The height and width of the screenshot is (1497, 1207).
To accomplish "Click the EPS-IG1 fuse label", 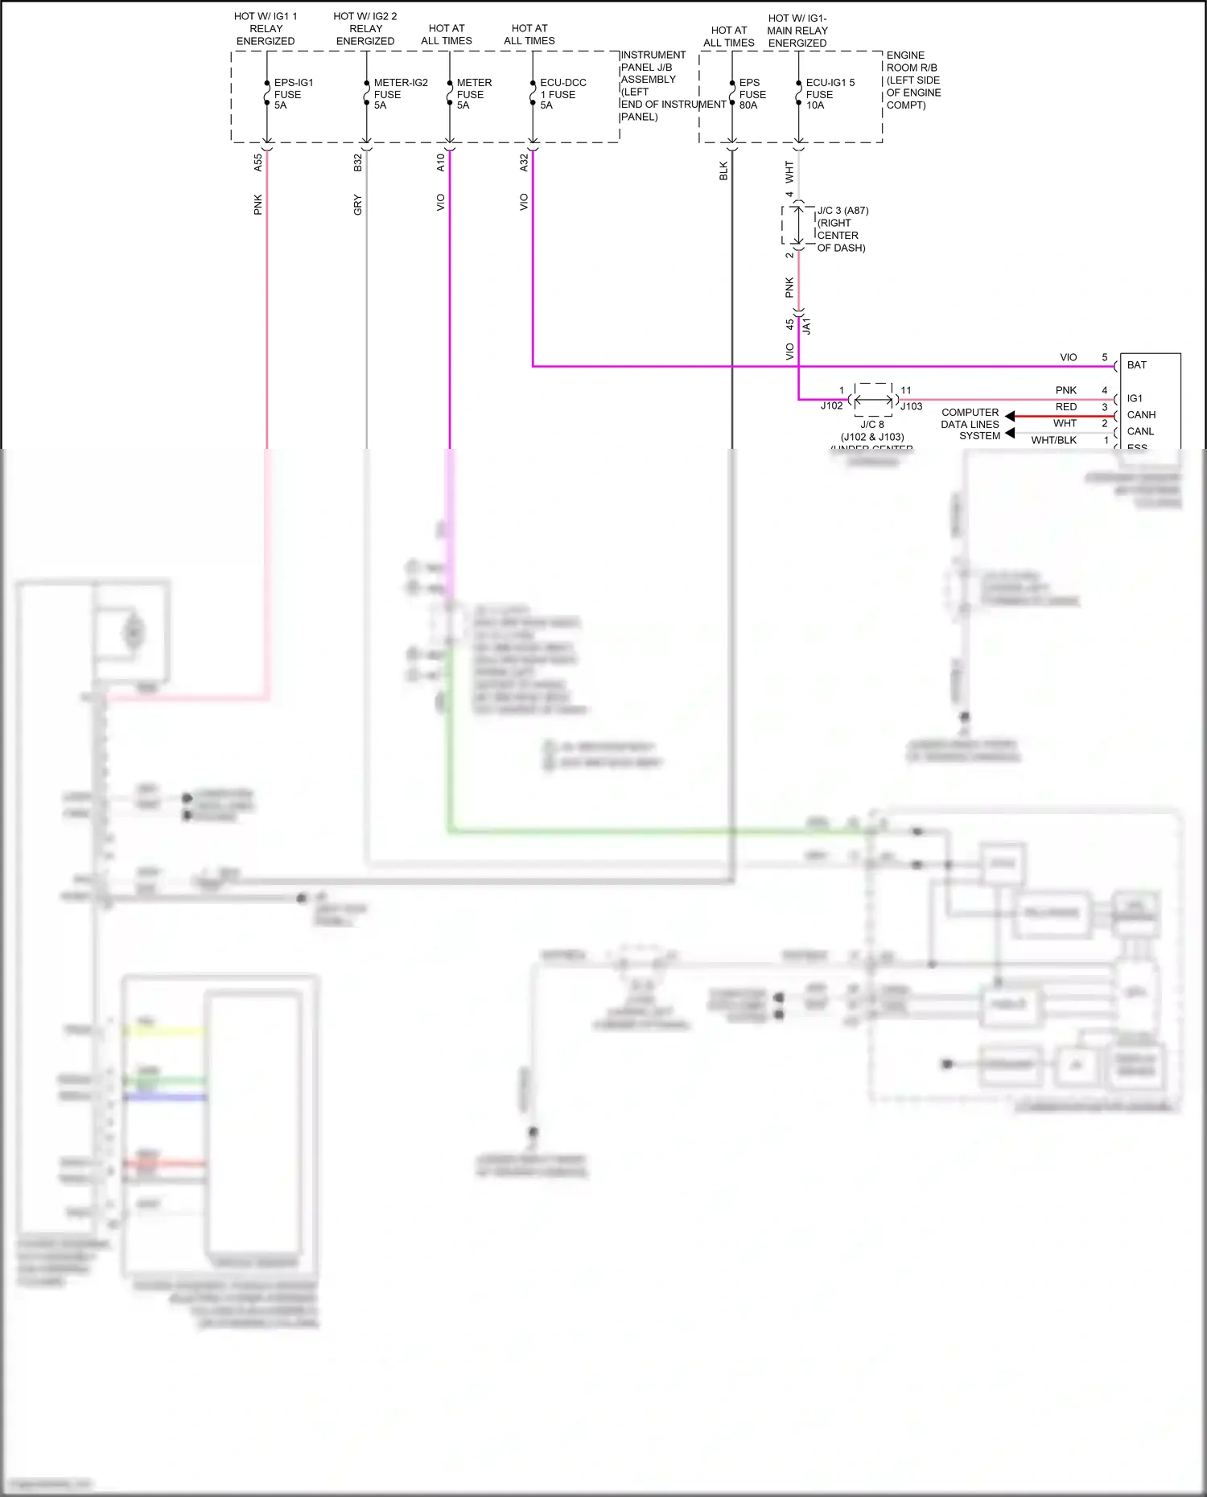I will pos(293,94).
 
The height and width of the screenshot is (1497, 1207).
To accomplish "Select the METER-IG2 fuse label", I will pos(400,94).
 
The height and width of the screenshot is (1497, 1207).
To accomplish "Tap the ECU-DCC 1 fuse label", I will pos(562,94).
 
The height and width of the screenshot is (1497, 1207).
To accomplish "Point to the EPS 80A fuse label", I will pos(752,94).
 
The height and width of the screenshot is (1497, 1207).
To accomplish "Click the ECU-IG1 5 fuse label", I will pos(830,94).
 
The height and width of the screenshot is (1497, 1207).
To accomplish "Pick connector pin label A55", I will pos(258,163).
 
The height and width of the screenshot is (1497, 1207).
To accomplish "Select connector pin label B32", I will pos(358,163).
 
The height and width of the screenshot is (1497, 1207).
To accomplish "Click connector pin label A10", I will pos(441,163).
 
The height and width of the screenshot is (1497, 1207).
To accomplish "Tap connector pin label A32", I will pos(525,163).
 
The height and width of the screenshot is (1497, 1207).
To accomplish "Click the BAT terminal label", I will pos(1136,365).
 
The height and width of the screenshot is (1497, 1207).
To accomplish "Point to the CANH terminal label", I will pos(1141,415).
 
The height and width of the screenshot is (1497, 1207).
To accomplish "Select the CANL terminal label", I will pos(1140,432).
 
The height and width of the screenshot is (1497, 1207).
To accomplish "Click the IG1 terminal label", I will pos(1135,399).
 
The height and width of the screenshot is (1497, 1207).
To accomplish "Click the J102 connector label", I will pos(831,406).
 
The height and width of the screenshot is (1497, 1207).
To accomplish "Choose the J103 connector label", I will pos(911,407).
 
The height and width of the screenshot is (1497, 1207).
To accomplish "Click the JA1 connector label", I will pos(807,326).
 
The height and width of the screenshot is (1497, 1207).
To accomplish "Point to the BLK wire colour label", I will pos(723,171).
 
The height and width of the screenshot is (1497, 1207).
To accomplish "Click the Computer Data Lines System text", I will pos(970,424).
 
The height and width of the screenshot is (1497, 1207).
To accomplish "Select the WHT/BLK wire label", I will pos(1053,440).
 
